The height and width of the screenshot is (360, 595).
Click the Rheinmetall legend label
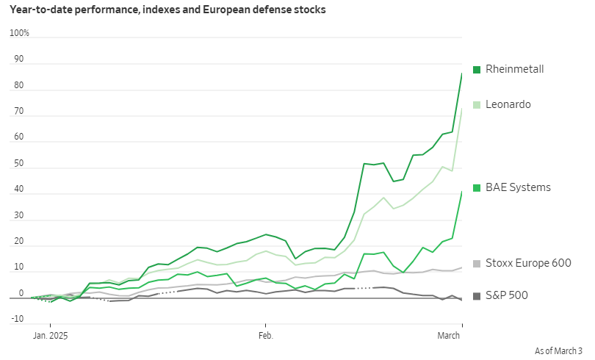(514, 69)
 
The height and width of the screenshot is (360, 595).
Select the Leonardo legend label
(508, 104)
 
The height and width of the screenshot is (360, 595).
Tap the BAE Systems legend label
(518, 187)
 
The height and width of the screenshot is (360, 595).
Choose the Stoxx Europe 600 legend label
(528, 263)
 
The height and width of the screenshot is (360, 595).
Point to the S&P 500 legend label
(507, 295)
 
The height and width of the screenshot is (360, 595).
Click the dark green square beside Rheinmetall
(477, 69)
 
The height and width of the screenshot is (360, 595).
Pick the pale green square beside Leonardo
(477, 104)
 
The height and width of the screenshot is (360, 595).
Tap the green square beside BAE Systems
(477, 187)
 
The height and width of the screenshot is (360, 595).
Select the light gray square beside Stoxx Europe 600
(477, 263)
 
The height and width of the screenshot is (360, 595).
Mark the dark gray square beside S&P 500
(477, 295)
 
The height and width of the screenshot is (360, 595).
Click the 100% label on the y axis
(19, 33)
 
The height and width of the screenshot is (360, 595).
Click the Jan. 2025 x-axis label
(51, 335)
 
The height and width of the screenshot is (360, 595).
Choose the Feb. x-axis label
(264, 335)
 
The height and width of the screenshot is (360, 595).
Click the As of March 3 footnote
(558, 351)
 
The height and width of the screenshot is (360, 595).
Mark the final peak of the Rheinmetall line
(461, 73)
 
